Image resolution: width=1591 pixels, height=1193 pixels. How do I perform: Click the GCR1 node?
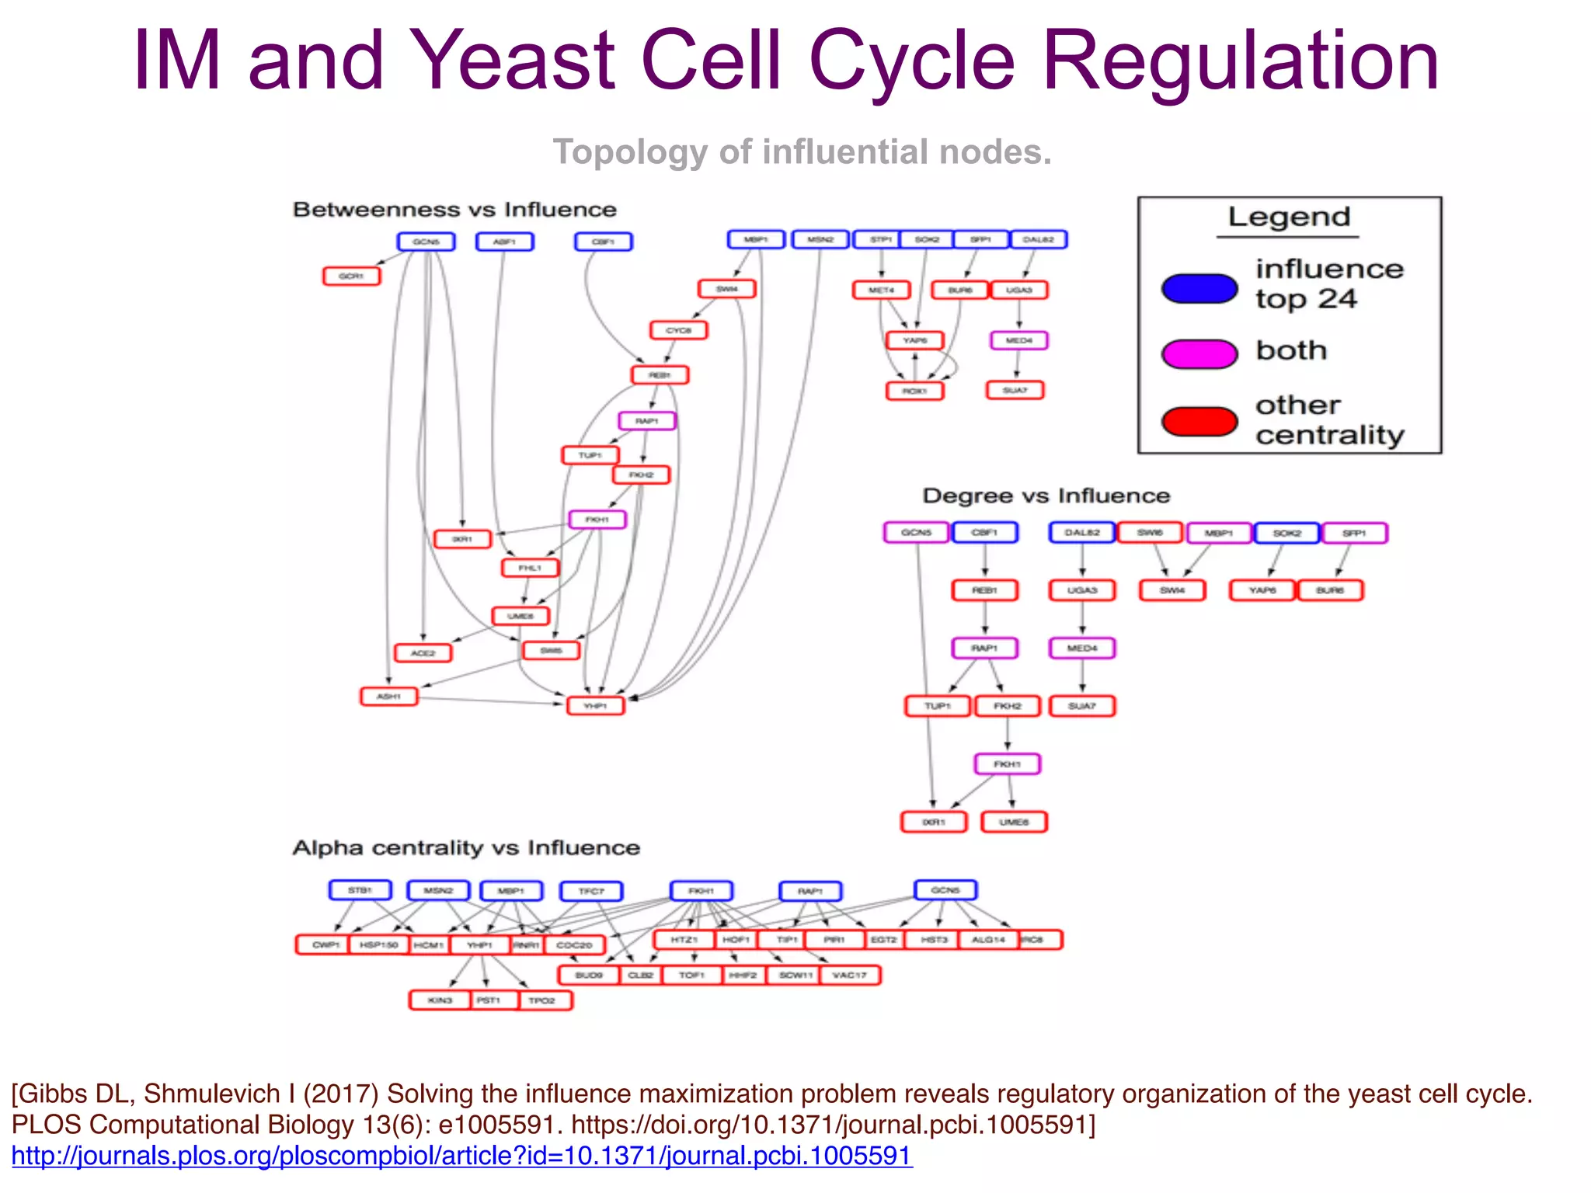pos(351,276)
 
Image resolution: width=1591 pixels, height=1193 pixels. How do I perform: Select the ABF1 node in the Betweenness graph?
pos(504,242)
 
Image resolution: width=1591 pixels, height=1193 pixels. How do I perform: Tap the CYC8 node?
pos(678,330)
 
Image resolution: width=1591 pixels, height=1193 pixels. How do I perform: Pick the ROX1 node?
pos(914,391)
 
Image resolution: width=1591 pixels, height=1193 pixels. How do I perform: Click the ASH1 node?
pos(388,697)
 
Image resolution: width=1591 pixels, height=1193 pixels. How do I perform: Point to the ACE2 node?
pos(423,653)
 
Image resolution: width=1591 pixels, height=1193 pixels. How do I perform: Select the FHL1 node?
pos(530,569)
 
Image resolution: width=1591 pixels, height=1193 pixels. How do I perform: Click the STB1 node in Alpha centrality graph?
pos(360,890)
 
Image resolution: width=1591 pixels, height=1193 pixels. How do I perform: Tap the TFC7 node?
pos(590,891)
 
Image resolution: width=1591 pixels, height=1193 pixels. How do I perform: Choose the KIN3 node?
pos(440,1000)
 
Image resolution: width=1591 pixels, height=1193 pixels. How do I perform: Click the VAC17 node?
pos(849,975)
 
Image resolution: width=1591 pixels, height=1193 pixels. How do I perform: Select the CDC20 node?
pos(574,945)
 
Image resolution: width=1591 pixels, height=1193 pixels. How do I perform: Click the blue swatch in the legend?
pos(1199,288)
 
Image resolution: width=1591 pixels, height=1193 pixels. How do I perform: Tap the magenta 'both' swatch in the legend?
pos(1199,353)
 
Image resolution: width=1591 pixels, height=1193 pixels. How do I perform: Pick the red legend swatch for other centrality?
pos(1199,421)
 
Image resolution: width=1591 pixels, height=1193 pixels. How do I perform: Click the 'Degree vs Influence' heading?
pos(1046,496)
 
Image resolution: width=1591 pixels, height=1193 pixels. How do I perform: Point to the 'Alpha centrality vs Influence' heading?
pos(466,847)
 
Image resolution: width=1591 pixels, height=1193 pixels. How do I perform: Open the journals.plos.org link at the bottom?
pos(461,1156)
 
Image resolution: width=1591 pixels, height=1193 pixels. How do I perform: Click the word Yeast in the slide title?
pos(512,61)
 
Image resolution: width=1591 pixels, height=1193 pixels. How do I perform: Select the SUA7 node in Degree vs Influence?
pos(1081,706)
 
